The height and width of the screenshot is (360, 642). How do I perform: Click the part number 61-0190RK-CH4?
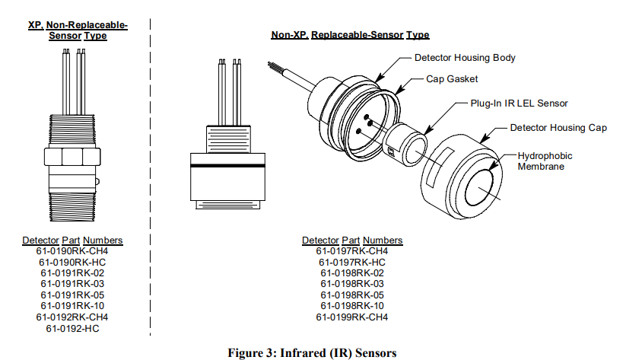72,251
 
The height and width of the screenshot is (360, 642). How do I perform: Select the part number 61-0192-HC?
72,328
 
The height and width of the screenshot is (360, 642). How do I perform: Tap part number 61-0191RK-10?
72,306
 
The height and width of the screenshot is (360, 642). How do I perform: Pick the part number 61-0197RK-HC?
352,262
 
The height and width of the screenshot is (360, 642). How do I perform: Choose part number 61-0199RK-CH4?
352,317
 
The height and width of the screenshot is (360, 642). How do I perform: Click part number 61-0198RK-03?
352,284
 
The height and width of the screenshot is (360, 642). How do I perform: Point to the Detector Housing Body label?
465,58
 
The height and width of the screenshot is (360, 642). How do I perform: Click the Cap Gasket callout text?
452,78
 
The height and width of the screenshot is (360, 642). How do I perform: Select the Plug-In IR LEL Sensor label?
519,103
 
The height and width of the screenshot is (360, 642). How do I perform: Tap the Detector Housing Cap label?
558,127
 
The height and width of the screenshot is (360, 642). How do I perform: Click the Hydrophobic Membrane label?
545,161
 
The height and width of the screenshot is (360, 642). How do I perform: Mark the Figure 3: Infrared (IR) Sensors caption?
313,352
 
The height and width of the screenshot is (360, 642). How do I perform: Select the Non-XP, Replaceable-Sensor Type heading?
350,35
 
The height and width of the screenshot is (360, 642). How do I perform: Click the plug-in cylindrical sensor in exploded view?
407,141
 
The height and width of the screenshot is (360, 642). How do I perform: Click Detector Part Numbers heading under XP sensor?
72,241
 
